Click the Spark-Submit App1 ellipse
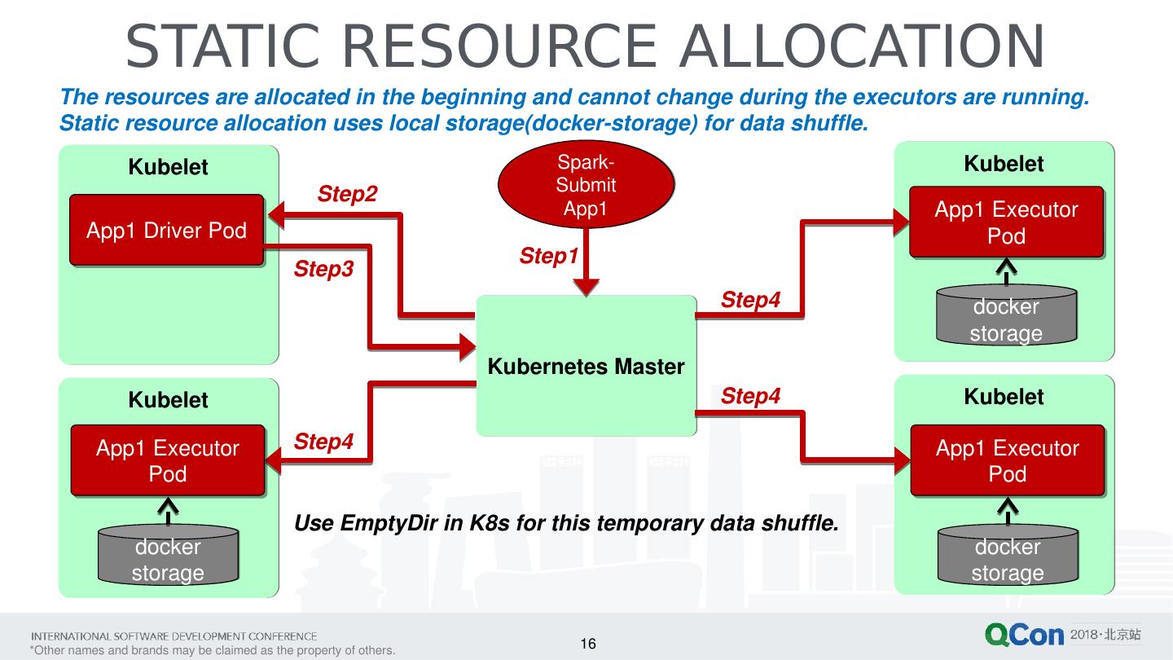pyautogui.click(x=586, y=185)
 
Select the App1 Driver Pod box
pyautogui.click(x=166, y=230)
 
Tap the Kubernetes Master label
pyautogui.click(x=586, y=367)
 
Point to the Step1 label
pyautogui.click(x=549, y=256)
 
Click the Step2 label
pyautogui.click(x=347, y=194)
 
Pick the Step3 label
pyautogui.click(x=323, y=269)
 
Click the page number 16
pyautogui.click(x=588, y=645)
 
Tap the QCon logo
pyautogui.click(x=1024, y=636)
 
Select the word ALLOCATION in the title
pyautogui.click(x=862, y=47)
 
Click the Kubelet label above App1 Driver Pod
pyautogui.click(x=168, y=167)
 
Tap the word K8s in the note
pyautogui.click(x=490, y=522)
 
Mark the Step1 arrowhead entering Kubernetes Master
pyautogui.click(x=586, y=286)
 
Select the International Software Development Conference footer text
pyautogui.click(x=174, y=636)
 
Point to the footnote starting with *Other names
pyautogui.click(x=212, y=650)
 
